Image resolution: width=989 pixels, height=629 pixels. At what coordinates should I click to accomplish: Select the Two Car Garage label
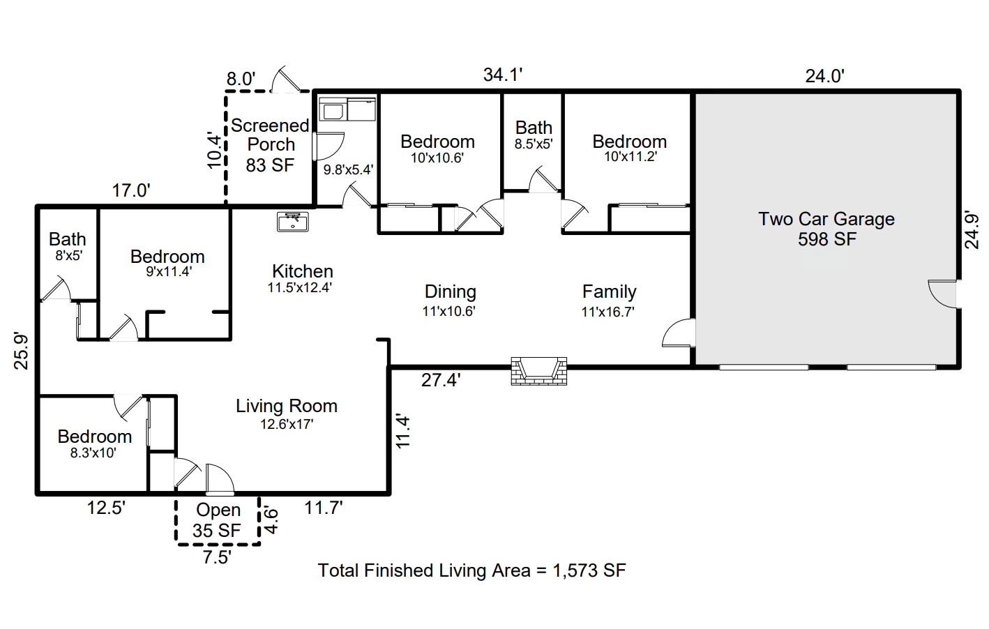tap(826, 219)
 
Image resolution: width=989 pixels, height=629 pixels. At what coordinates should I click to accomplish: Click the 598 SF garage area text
tap(826, 239)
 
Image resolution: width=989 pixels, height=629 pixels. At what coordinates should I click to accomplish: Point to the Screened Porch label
tap(271, 135)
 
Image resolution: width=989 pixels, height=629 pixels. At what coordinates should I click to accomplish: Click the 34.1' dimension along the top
tap(503, 75)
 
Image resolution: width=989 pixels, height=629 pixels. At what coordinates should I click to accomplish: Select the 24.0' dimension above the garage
tap(824, 75)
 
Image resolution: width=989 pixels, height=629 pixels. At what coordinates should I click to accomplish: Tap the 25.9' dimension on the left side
tap(22, 351)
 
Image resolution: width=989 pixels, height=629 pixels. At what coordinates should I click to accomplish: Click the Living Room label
tap(286, 406)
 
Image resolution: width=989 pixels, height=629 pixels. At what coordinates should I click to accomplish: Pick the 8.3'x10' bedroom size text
tap(93, 453)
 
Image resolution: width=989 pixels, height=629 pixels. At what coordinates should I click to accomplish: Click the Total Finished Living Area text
tap(471, 570)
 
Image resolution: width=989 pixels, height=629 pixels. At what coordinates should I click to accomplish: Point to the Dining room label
tap(450, 291)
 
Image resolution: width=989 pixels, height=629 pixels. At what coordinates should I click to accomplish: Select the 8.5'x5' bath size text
tap(534, 144)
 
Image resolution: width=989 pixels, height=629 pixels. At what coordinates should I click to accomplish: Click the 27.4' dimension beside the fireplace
tap(440, 380)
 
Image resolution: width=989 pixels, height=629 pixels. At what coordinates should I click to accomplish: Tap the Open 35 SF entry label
tap(218, 520)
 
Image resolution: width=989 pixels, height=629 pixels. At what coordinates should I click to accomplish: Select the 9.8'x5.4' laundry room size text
tap(348, 169)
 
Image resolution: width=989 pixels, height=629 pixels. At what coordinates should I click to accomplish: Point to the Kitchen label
tap(302, 271)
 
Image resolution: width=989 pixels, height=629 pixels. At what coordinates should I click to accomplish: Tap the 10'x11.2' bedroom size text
tap(630, 157)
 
